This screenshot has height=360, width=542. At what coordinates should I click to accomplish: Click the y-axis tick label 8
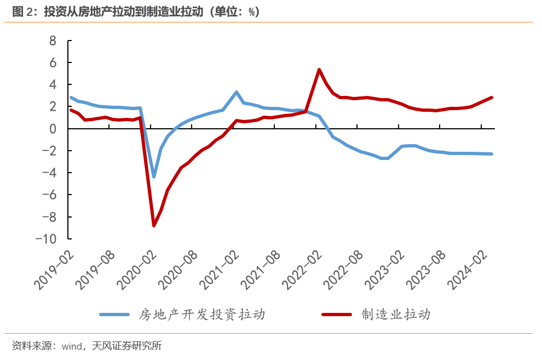pyautogui.click(x=53, y=41)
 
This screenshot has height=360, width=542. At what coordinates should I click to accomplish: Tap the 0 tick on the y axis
pyautogui.click(x=53, y=129)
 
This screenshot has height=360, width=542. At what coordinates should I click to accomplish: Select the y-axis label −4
pyautogui.click(x=49, y=173)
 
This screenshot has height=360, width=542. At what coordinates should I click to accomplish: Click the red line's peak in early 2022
pyautogui.click(x=319, y=70)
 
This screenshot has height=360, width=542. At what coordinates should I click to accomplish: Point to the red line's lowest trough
pyautogui.click(x=154, y=225)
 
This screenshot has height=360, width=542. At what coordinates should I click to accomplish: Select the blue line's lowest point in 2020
pyautogui.click(x=154, y=176)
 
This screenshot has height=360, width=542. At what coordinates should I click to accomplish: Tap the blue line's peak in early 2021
pyautogui.click(x=236, y=92)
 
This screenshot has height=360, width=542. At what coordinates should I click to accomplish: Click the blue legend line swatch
pyautogui.click(x=115, y=315)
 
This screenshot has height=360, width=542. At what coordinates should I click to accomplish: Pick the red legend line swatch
pyautogui.click(x=337, y=315)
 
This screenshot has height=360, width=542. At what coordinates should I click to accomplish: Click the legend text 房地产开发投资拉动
pyautogui.click(x=202, y=315)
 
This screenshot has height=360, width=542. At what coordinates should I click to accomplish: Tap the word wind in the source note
pyautogui.click(x=72, y=346)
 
